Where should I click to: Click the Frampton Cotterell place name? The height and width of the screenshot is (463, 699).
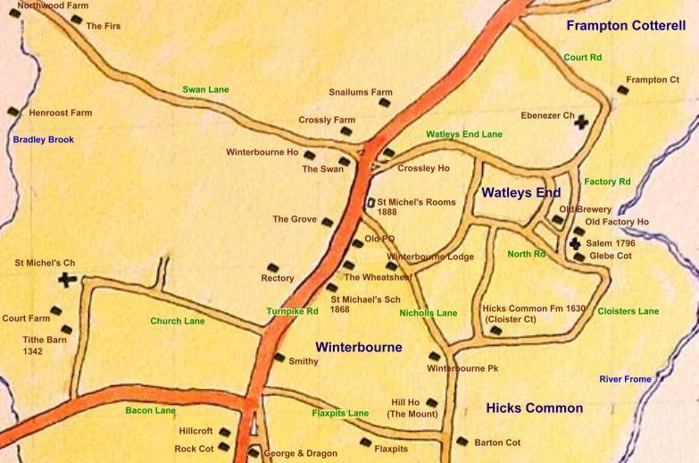point(625,26)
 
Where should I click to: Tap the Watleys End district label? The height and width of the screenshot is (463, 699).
point(521,192)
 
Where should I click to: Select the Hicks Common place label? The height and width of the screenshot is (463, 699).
point(534,408)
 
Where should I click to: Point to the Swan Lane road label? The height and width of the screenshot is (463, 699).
point(205,89)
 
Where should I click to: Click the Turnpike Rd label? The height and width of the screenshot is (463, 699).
point(292,311)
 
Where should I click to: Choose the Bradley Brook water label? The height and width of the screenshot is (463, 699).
point(43,139)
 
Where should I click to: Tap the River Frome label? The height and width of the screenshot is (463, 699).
point(625,379)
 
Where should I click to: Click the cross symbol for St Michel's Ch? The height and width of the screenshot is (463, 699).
point(66,280)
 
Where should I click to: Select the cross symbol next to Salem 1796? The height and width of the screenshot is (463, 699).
point(575,243)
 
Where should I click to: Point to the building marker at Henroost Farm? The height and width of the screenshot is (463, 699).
point(13,112)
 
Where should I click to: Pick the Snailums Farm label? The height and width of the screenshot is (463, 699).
point(361,92)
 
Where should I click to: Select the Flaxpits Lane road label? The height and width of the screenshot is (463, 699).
point(340,413)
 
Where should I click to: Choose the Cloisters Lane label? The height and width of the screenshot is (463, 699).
point(628,311)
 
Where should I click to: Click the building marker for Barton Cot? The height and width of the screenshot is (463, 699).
point(462,441)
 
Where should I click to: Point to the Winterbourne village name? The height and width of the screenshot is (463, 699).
point(359,347)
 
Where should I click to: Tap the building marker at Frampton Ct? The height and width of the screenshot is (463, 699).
point(622,89)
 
